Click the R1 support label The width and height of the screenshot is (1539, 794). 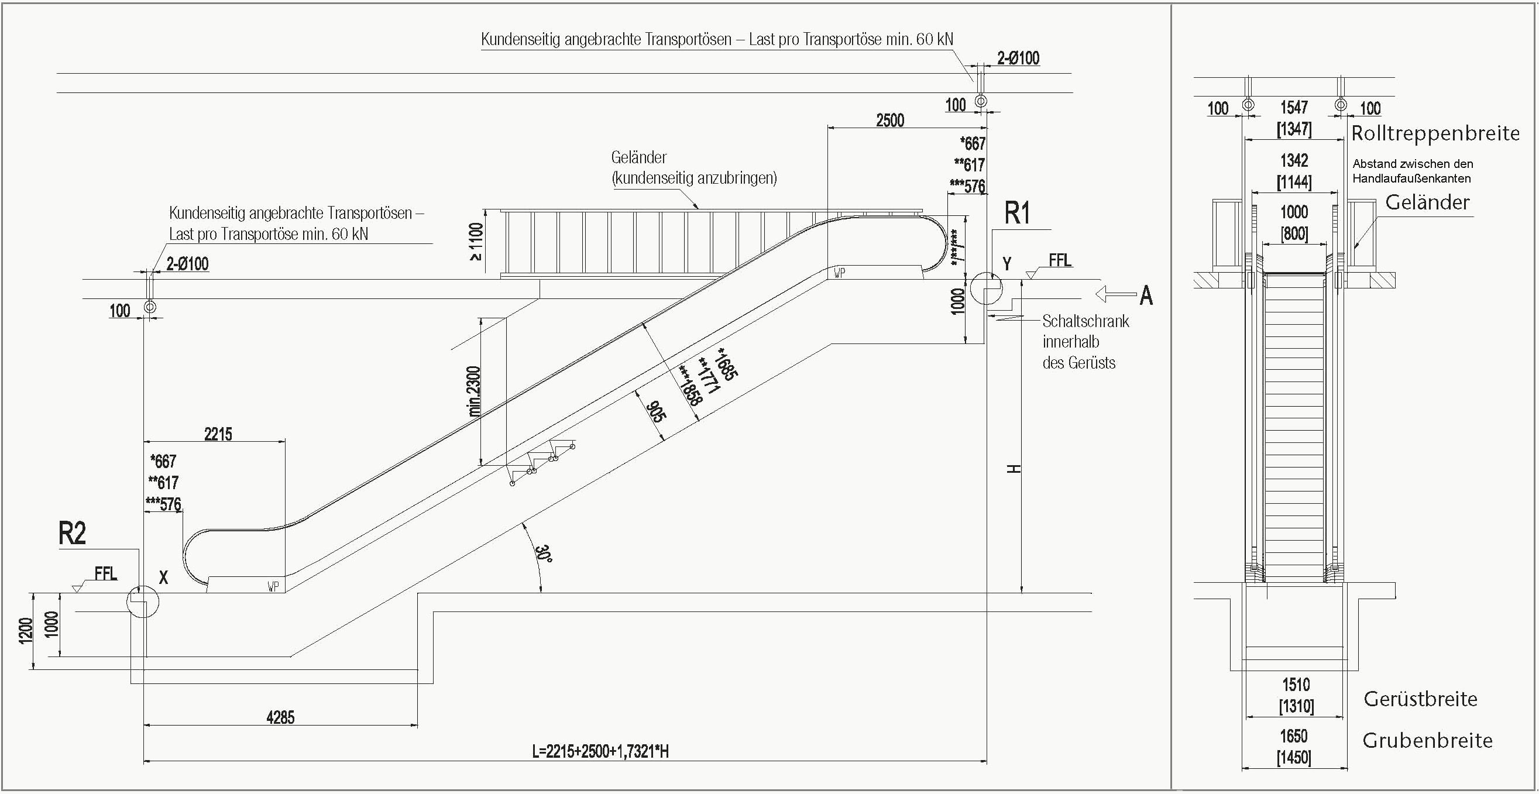pos(1017,214)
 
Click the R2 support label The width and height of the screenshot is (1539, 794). pos(73,533)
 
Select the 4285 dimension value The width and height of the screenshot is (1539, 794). pos(280,717)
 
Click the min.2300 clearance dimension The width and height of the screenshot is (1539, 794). pos(475,391)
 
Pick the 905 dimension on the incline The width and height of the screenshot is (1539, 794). pos(655,412)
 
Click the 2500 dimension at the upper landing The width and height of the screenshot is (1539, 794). pos(889,121)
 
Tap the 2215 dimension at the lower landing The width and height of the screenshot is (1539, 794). pos(218,434)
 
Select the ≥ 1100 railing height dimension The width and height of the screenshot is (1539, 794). pos(476,242)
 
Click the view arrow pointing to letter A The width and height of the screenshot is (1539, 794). pos(1115,294)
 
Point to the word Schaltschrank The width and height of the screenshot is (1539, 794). pos(1085,321)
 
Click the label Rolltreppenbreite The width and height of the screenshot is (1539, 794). pos(1435,133)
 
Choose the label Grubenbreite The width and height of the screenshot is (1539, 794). pos(1427,741)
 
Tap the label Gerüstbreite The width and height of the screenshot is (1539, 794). pos(1420,699)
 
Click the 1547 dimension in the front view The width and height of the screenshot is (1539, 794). pos(1294,108)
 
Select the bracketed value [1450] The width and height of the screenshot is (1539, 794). pos(1294,758)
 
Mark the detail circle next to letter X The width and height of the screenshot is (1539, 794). pos(143,601)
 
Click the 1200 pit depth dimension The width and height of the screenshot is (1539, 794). pos(25,631)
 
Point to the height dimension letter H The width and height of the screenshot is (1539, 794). pos(1014,469)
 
